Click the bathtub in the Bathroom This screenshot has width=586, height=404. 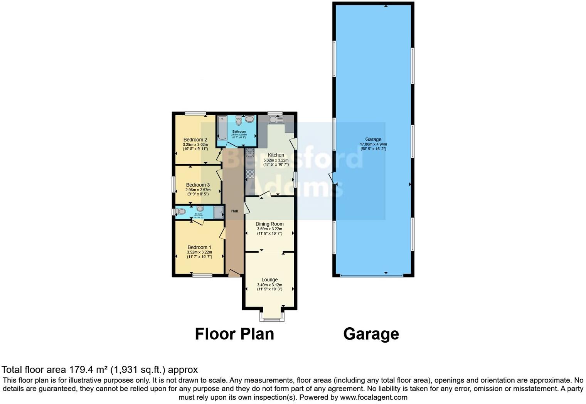click(222, 128)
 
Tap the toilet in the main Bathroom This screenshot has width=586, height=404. click(239, 121)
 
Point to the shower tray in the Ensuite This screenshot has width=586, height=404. click(219, 212)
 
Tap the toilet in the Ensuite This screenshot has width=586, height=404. click(181, 211)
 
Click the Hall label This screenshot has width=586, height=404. click(234, 211)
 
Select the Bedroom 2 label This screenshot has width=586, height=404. click(195, 140)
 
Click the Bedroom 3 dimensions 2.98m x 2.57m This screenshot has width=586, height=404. click(198, 190)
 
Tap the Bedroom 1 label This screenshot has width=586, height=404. click(199, 247)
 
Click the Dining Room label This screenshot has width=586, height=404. click(269, 224)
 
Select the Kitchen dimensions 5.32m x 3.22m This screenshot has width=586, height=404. click(276, 160)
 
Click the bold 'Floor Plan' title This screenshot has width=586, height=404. click(234, 334)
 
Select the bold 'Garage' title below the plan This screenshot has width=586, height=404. click(371, 334)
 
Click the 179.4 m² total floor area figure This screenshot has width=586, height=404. click(88, 370)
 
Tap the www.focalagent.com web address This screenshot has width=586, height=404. click(373, 397)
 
